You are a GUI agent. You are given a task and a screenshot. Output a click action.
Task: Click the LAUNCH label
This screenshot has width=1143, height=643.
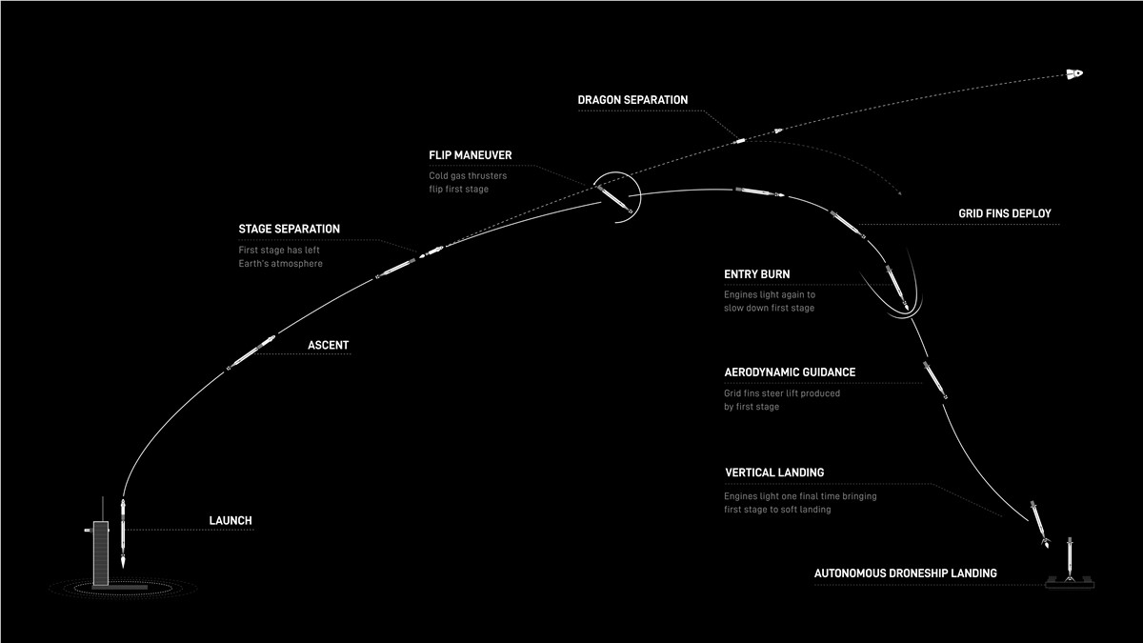[x=231, y=520]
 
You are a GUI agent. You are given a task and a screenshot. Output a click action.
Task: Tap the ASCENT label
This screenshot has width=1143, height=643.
[x=328, y=345]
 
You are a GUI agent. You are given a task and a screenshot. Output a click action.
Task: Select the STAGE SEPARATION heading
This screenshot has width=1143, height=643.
[x=289, y=229]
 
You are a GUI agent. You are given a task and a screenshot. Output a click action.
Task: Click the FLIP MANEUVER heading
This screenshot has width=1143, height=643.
[x=470, y=155]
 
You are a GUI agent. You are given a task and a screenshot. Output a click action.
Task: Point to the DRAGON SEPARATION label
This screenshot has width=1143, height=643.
[x=632, y=99]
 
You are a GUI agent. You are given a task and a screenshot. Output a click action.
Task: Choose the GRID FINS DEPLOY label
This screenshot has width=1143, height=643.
[x=1005, y=213]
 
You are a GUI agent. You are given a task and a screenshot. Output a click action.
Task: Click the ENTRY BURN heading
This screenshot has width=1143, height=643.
[x=756, y=274]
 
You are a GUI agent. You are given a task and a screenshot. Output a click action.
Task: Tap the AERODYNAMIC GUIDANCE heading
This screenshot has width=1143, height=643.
[x=790, y=372]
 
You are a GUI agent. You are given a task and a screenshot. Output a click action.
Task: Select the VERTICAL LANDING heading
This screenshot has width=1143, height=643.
[x=774, y=472]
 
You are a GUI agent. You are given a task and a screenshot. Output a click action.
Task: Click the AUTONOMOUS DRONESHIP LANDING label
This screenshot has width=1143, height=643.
[x=905, y=573]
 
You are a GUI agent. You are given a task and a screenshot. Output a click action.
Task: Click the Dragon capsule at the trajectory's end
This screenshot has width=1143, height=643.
[x=1074, y=74]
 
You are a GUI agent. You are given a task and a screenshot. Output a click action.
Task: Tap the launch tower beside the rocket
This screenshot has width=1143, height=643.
[x=101, y=546]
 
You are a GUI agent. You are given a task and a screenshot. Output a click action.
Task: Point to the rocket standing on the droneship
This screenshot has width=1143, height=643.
[x=1070, y=559]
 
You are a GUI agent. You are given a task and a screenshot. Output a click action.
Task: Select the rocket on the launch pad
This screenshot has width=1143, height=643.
[x=123, y=533]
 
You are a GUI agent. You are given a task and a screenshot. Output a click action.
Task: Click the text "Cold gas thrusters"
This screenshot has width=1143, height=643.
[x=468, y=175]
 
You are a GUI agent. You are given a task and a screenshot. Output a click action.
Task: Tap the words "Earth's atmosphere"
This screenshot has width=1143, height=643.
[x=281, y=264]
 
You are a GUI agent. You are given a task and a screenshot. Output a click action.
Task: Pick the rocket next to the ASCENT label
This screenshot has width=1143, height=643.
[x=251, y=352]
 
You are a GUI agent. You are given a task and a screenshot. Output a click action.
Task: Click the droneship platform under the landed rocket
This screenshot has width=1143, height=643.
[x=1070, y=582]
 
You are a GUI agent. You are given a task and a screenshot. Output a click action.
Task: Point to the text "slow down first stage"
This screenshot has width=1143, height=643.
[x=769, y=308]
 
